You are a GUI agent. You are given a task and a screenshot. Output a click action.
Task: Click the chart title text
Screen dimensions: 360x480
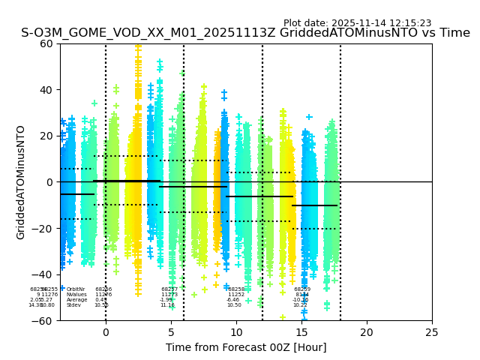(245, 33)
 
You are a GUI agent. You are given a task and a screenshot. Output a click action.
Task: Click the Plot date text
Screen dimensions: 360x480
(357, 23)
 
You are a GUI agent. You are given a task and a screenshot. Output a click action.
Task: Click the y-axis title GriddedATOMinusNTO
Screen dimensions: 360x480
(21, 182)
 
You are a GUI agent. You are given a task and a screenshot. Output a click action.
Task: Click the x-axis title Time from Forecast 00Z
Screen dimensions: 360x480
(246, 347)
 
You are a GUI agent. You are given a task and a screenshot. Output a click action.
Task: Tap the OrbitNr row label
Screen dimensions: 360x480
(76, 289)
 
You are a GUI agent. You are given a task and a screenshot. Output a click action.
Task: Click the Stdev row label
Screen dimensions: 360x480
(73, 305)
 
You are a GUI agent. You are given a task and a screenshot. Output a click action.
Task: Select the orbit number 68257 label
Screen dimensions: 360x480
(169, 289)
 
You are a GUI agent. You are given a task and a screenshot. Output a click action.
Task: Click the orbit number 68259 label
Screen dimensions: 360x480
(302, 289)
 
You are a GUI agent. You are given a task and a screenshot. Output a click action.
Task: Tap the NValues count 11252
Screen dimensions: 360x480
(236, 295)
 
